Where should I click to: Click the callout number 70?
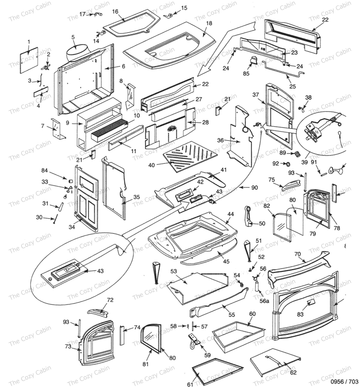[x=297, y=254]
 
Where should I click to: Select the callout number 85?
[x=246, y=73]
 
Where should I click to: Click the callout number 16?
[x=115, y=11]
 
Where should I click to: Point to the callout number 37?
[x=255, y=95]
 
